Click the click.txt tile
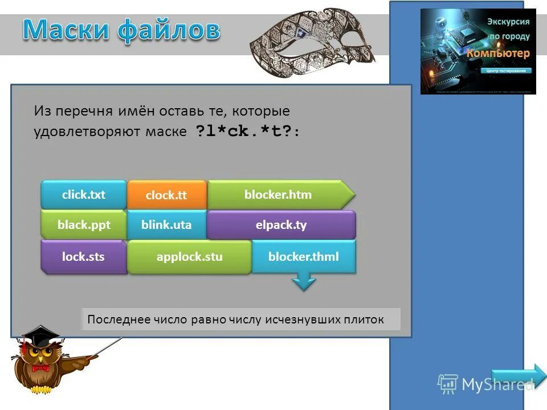(83, 195)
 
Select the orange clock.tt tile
(166, 195)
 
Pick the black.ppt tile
(83, 225)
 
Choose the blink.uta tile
(166, 225)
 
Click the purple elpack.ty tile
(281, 225)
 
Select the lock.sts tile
(83, 257)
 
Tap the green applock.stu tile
(189, 257)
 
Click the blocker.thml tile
(303, 257)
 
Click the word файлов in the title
(169, 30)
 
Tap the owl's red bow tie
(40, 368)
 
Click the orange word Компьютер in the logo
(499, 53)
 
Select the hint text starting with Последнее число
(236, 319)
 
